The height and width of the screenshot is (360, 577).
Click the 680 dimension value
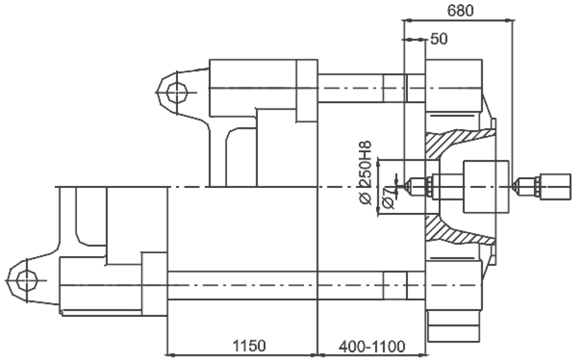point(460,11)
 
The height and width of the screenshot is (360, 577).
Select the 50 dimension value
point(439,39)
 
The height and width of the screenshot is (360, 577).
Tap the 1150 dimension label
point(249,345)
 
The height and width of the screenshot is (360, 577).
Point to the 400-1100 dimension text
point(372,347)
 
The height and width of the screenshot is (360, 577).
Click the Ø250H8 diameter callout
point(365,173)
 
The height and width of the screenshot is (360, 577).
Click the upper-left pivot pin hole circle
point(177,92)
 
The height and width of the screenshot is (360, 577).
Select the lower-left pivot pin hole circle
point(27,281)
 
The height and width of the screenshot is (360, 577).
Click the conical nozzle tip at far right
point(516,186)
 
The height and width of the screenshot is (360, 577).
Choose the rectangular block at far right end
point(555,187)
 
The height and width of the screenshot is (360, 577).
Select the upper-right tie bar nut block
point(454,86)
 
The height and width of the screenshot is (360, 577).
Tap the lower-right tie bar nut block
point(454,285)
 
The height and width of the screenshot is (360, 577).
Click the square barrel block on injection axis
point(486,187)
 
